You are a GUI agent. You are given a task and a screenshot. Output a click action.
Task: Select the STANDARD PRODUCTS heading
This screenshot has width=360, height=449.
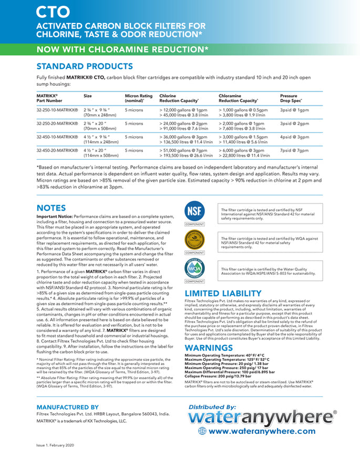(84, 66)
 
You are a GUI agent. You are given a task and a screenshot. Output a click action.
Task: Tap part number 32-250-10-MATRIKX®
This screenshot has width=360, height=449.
(57, 110)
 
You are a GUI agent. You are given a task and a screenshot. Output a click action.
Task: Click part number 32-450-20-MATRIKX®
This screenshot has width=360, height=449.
(57, 150)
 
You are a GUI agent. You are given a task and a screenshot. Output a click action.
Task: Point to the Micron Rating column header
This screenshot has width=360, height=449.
(139, 98)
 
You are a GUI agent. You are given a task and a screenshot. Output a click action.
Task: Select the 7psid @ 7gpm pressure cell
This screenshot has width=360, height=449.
(295, 150)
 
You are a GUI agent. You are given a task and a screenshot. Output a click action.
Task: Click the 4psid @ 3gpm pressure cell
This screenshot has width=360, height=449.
(295, 137)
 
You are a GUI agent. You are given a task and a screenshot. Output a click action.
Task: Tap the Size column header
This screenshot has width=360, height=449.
(88, 96)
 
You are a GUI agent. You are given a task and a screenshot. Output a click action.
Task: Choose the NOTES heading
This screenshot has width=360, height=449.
(51, 208)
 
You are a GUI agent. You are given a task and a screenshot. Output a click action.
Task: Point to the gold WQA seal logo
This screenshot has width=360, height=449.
(194, 239)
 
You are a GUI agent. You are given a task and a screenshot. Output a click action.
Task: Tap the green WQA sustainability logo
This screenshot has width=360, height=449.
(194, 268)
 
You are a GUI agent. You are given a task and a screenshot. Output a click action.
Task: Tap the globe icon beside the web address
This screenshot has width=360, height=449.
(202, 431)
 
